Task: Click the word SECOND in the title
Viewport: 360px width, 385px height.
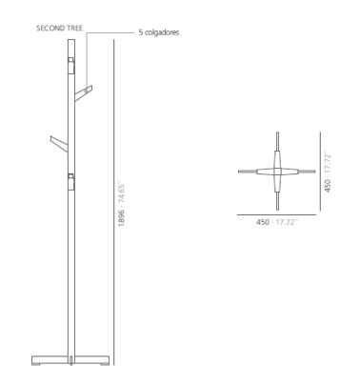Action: click(x=50, y=28)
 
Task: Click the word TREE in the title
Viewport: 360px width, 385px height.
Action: click(x=74, y=28)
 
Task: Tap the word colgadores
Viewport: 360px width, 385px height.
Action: click(x=162, y=32)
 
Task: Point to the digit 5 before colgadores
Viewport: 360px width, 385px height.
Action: click(x=140, y=32)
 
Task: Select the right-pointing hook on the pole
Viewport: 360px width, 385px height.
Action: click(x=83, y=92)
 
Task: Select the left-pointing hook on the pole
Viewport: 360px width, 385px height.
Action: click(x=59, y=144)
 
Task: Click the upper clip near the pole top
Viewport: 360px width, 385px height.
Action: click(x=71, y=65)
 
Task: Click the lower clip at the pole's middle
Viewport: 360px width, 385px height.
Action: click(x=71, y=181)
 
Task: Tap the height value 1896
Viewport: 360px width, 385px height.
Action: click(x=121, y=217)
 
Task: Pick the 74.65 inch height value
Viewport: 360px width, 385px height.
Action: click(x=121, y=193)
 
